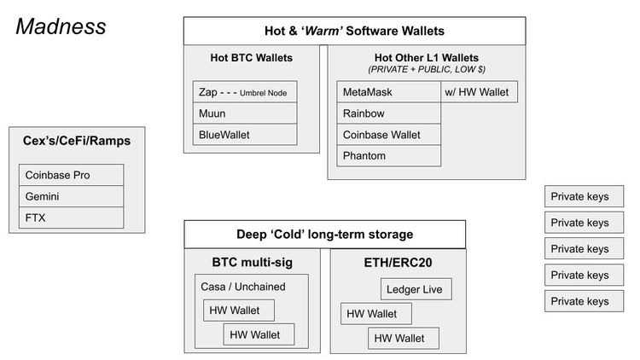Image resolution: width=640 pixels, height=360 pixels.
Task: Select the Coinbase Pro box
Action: (x=71, y=176)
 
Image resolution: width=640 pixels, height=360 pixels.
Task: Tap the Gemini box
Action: (x=71, y=196)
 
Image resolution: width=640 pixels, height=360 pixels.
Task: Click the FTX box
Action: (x=71, y=217)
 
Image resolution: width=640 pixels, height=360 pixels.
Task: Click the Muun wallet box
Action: (x=244, y=113)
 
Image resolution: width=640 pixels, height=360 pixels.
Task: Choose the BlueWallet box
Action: (x=244, y=134)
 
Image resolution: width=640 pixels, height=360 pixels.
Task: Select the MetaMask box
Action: (x=389, y=91)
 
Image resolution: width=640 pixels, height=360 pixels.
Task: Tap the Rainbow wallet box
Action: (x=389, y=113)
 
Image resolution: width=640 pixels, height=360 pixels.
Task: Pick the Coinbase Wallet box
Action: (x=389, y=134)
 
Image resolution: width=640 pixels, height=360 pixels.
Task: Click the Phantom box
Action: (x=389, y=155)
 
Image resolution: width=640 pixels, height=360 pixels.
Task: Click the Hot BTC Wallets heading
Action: (x=251, y=58)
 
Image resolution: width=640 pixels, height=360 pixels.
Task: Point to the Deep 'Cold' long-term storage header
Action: (x=324, y=235)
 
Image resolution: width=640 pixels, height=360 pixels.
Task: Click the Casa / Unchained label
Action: (x=242, y=287)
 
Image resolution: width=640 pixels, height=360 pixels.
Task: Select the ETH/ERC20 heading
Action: (x=397, y=262)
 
